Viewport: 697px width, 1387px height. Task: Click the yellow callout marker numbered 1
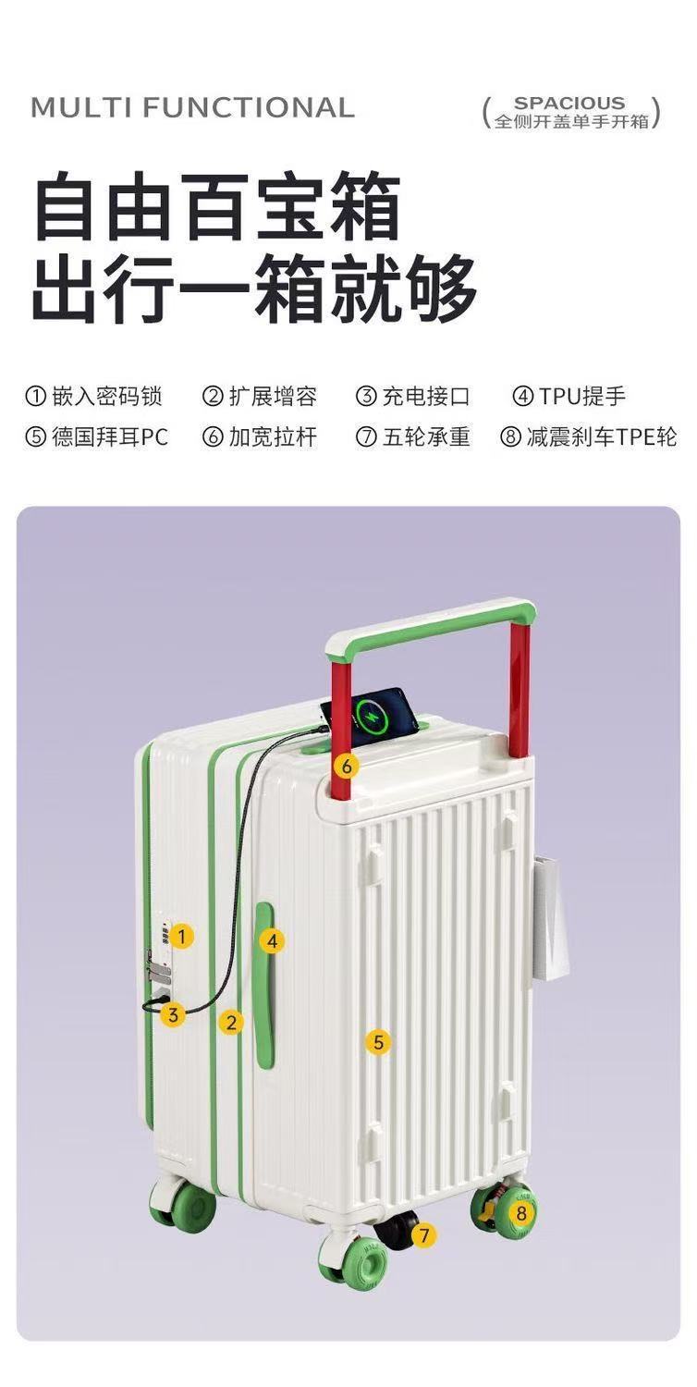181,936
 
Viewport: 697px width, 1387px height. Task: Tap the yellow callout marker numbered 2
231,1022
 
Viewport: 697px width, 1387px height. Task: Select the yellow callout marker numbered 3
173,1014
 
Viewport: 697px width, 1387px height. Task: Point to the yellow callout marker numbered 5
377,1041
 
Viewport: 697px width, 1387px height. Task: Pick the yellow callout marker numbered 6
346,766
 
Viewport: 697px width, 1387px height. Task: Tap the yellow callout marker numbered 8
521,1212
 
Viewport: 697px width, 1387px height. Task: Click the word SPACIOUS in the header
569,103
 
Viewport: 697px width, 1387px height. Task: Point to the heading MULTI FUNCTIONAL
192,108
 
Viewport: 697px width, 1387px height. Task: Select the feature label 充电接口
426,397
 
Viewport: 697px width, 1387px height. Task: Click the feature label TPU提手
582,397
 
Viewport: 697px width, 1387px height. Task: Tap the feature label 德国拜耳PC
110,436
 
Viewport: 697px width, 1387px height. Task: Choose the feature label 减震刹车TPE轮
602,436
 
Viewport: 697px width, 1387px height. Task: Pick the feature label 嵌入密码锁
107,397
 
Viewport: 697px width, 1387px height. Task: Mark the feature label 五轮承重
426,436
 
